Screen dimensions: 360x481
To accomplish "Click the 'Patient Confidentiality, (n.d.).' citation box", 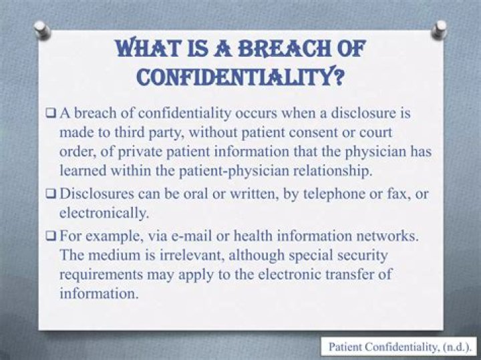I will pyautogui.click(x=399, y=347).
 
